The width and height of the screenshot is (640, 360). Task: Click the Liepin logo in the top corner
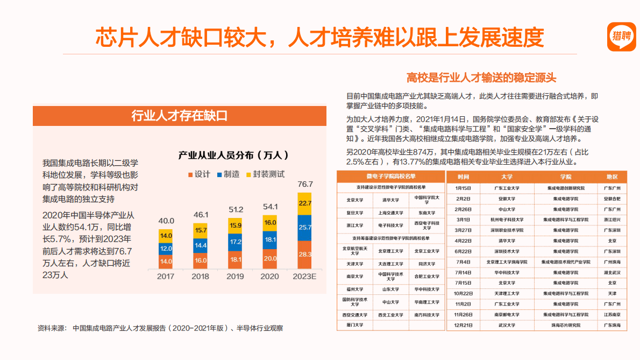point(621,37)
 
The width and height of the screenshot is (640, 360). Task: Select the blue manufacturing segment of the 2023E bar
point(304,228)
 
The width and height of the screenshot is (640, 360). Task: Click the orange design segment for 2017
point(166,262)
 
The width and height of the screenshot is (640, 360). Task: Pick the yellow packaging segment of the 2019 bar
point(235,225)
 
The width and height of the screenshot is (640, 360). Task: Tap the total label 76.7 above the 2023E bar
point(305,184)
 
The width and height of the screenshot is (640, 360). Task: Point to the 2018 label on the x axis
point(200,276)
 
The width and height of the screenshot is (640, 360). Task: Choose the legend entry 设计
point(199,174)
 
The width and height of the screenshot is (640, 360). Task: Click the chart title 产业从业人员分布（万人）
point(234,155)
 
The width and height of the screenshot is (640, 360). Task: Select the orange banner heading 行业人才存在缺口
point(180,116)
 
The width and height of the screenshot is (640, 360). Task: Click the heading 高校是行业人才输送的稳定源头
point(481,77)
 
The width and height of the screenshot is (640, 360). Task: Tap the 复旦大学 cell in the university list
point(354,213)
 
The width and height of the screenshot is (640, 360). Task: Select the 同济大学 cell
point(426,264)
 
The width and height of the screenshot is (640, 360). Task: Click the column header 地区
point(612,177)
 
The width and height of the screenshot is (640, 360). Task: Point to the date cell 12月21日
point(463,325)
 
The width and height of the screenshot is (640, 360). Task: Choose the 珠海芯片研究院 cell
point(565,325)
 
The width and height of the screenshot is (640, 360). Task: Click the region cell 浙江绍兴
point(612,220)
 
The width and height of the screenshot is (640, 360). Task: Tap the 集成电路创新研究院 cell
point(565,188)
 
